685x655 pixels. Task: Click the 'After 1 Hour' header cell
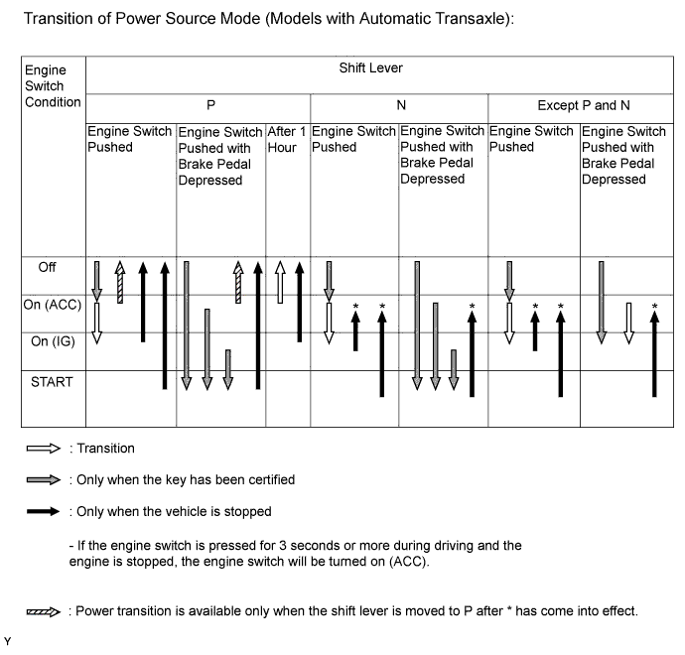(x=286, y=139)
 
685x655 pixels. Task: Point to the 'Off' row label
(x=48, y=267)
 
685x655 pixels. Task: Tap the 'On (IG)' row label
(x=48, y=341)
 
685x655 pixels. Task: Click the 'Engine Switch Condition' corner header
(x=46, y=86)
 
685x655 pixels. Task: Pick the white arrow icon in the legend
(x=43, y=449)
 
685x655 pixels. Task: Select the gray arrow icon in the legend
(x=43, y=480)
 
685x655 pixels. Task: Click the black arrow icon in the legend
(x=43, y=512)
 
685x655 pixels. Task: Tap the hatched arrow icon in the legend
(x=43, y=611)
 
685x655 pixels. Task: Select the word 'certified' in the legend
(x=267, y=480)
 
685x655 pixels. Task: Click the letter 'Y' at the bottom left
(x=8, y=641)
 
